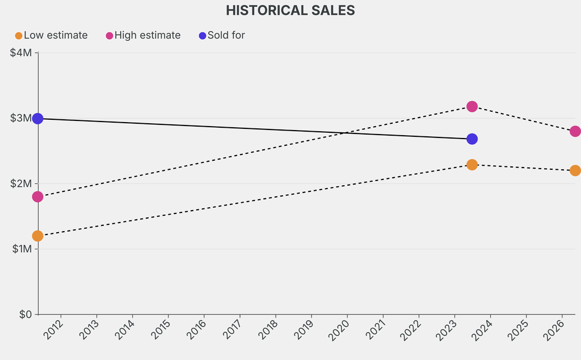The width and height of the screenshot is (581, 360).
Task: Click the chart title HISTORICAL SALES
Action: (290, 10)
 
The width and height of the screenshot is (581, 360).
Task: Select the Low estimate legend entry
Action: (52, 35)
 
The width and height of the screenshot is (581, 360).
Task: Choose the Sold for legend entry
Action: (222, 35)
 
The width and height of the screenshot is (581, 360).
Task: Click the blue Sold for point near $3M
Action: (37, 119)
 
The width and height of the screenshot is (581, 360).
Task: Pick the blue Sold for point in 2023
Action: (472, 139)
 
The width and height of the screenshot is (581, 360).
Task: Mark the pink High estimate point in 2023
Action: (472, 107)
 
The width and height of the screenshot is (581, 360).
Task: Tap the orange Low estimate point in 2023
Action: (472, 165)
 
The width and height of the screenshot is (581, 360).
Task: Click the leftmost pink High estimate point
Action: (37, 197)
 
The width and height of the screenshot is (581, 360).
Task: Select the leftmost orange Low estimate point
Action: (37, 236)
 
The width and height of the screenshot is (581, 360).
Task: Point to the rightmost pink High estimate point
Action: (575, 131)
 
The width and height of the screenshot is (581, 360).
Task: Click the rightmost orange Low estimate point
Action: (575, 170)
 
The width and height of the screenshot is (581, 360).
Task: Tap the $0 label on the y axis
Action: (26, 315)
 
